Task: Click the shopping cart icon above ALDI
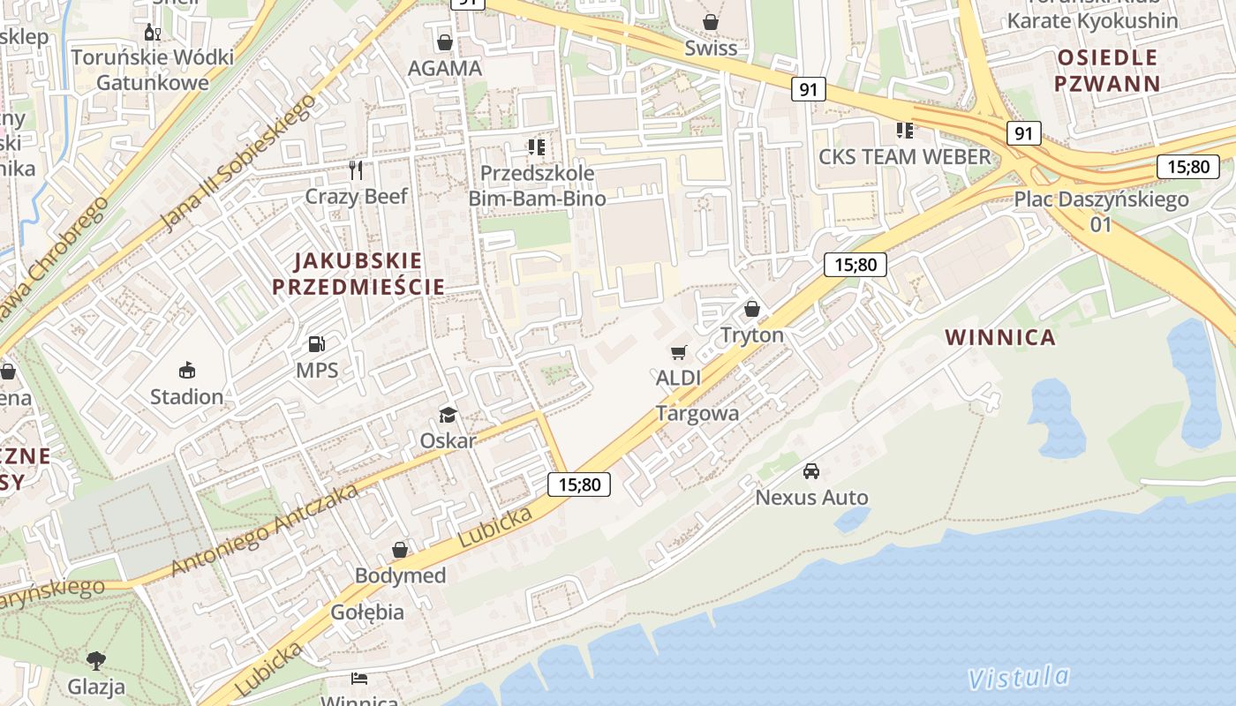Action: (x=678, y=353)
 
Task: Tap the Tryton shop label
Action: (x=752, y=335)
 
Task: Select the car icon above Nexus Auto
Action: (x=811, y=471)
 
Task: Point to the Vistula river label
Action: (x=1018, y=677)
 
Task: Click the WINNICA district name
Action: (x=1000, y=337)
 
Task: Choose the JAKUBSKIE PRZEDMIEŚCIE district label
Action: (x=358, y=274)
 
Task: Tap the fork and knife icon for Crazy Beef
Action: (x=356, y=169)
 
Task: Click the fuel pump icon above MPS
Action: (x=316, y=344)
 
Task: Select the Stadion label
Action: (x=186, y=396)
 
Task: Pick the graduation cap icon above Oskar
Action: (x=448, y=415)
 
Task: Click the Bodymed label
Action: (x=400, y=575)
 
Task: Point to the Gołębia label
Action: (x=367, y=612)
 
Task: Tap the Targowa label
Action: (x=697, y=413)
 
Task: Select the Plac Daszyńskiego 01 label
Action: (x=1101, y=211)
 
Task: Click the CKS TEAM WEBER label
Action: (x=905, y=157)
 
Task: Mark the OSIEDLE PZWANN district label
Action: (x=1107, y=71)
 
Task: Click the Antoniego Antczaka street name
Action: (x=264, y=529)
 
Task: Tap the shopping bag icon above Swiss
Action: (x=711, y=21)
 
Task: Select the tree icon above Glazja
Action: (x=96, y=659)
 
